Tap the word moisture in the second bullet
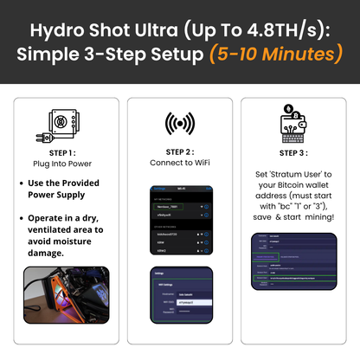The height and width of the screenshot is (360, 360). tap(82, 241)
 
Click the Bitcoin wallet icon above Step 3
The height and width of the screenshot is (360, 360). tap(293, 123)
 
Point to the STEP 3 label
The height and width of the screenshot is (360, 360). tap(293, 152)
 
